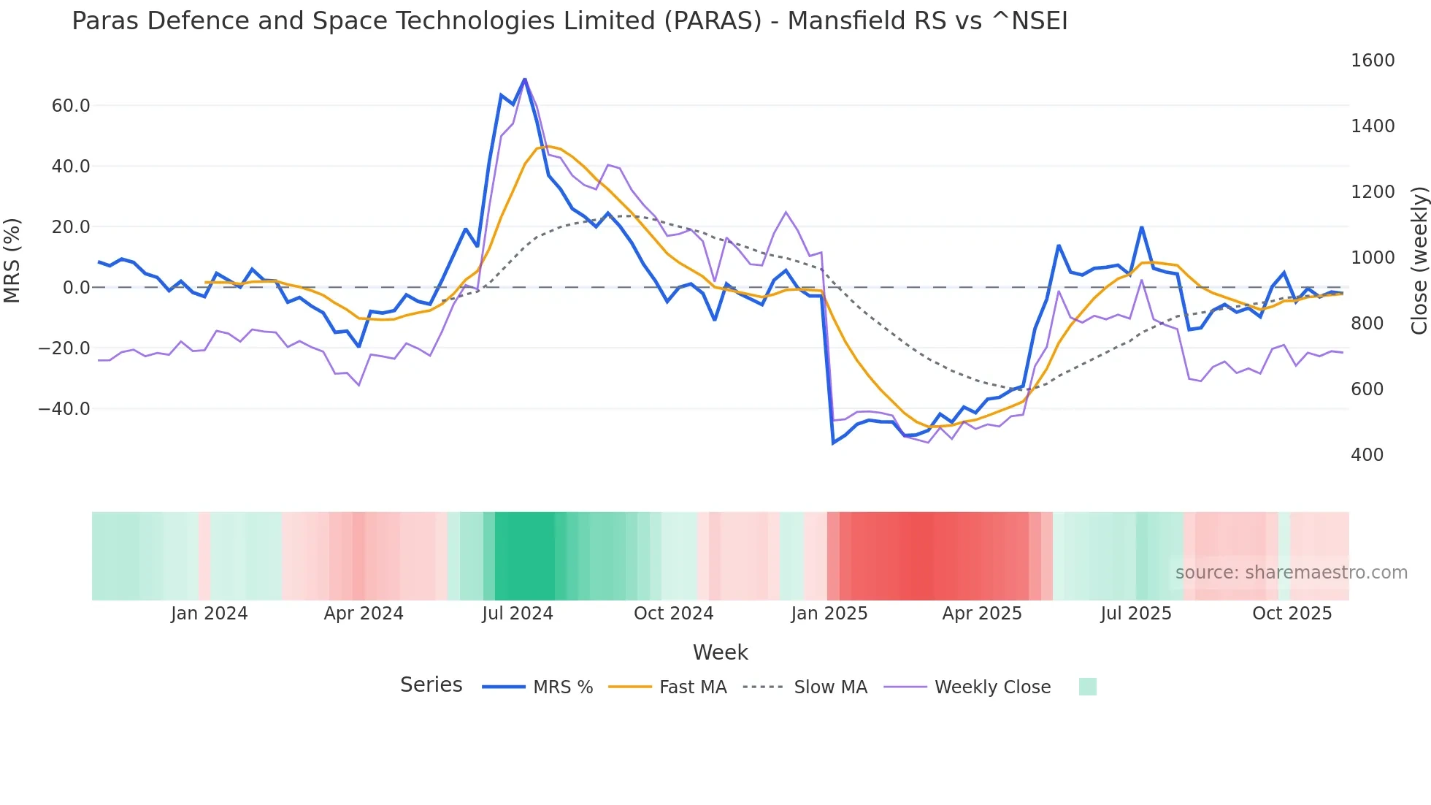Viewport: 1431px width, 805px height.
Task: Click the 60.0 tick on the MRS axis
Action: pyautogui.click(x=71, y=106)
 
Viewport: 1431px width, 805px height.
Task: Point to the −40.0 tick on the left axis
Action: pyautogui.click(x=64, y=409)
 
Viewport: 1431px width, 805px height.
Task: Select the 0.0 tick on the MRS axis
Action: pyautogui.click(x=77, y=288)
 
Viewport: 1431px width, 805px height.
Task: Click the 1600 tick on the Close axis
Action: pyautogui.click(x=1373, y=61)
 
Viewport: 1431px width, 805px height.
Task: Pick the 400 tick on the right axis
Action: pyautogui.click(x=1367, y=455)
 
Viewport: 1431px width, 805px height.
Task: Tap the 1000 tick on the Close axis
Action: pyautogui.click(x=1373, y=258)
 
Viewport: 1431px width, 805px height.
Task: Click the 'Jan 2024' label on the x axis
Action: pyautogui.click(x=210, y=614)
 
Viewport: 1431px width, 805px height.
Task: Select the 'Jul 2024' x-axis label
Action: pyautogui.click(x=518, y=614)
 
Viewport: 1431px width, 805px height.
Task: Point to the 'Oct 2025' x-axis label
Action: pyautogui.click(x=1292, y=614)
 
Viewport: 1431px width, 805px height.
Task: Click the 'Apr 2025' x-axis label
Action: pyautogui.click(x=982, y=614)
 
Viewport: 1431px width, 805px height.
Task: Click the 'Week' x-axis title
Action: pyautogui.click(x=721, y=652)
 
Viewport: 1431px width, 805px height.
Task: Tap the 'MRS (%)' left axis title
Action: pyautogui.click(x=12, y=260)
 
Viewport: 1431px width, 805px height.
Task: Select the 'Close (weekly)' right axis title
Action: pyautogui.click(x=1419, y=261)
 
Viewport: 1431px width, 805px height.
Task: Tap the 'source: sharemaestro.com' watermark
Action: pyautogui.click(x=1292, y=573)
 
